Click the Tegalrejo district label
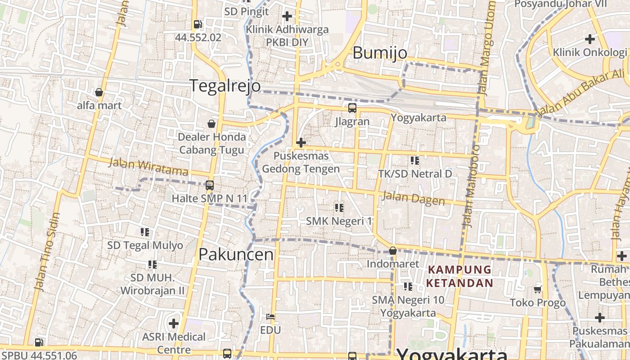click(225, 85)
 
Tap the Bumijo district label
click(380, 53)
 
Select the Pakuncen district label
click(236, 254)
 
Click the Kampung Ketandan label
click(459, 276)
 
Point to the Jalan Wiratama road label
click(148, 167)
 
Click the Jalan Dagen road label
click(413, 198)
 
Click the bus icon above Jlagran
click(352, 108)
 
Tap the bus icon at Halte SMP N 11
click(209, 185)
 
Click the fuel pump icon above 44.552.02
click(198, 24)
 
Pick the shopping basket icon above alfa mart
click(99, 93)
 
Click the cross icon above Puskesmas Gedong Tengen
click(301, 143)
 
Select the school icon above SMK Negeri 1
click(339, 207)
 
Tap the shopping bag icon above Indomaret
click(393, 251)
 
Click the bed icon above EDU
click(270, 317)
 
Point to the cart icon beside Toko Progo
click(537, 289)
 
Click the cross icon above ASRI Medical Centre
click(174, 323)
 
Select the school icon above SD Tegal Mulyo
click(145, 232)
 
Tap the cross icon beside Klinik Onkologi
click(589, 39)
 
